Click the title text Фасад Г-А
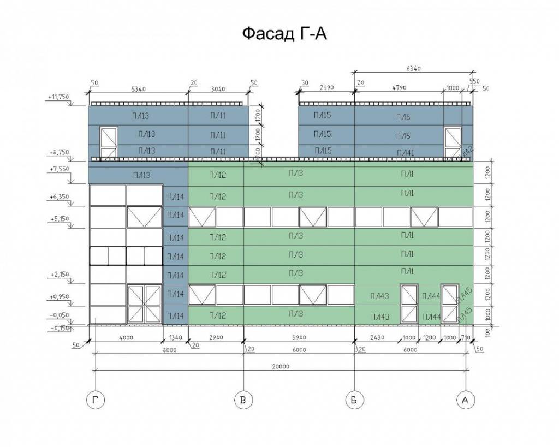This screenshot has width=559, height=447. [x=284, y=34]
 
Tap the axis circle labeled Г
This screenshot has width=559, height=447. [x=96, y=401]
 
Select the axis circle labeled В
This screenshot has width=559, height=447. [x=243, y=401]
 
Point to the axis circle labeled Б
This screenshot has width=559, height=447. [x=355, y=401]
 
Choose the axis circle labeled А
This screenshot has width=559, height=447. [x=465, y=401]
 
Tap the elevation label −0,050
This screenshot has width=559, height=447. [x=60, y=315]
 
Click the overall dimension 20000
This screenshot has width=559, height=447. [x=279, y=367]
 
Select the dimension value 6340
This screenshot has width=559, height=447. [x=414, y=69]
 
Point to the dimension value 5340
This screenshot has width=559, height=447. [x=139, y=88]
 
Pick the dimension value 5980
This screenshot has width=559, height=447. [x=299, y=338]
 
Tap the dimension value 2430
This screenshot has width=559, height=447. [x=377, y=338]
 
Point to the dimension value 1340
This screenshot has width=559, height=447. [x=175, y=338]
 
